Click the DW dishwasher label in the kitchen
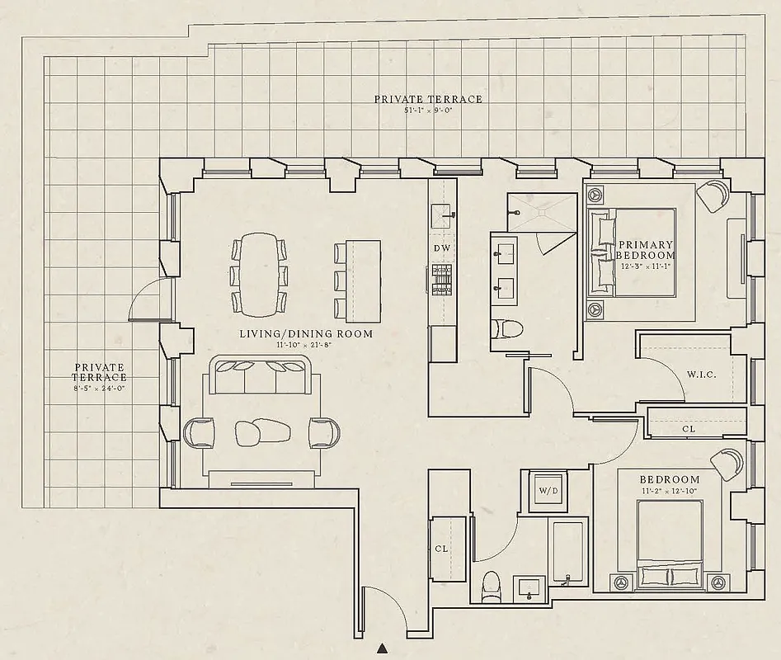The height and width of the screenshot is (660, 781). click(441, 247)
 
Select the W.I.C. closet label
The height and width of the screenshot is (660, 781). click(701, 375)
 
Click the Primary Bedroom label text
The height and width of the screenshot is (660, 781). click(647, 250)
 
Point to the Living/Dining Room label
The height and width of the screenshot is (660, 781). click(306, 334)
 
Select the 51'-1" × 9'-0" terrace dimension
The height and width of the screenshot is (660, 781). click(428, 110)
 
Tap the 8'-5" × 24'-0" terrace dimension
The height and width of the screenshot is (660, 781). click(101, 388)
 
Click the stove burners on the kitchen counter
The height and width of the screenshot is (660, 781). click(441, 278)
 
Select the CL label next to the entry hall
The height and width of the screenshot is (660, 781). click(441, 549)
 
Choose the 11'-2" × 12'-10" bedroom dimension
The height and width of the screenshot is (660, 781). click(669, 491)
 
